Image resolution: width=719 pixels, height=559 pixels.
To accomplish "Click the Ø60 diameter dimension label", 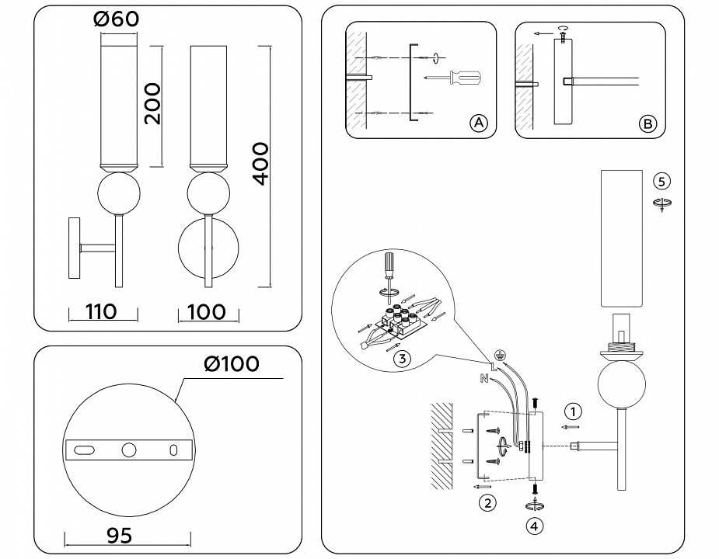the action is [116, 19].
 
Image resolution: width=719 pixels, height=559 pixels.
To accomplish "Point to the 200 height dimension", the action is [152, 104].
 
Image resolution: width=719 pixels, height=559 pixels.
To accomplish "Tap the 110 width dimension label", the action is [101, 311].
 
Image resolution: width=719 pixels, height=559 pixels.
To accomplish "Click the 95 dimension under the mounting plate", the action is [119, 536].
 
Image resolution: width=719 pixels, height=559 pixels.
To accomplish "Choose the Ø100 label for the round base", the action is [232, 364].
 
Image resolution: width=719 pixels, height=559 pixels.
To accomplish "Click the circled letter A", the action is [478, 123].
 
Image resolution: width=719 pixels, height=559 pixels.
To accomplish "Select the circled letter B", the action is [647, 123].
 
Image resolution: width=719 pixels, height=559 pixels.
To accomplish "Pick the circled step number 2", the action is [487, 503].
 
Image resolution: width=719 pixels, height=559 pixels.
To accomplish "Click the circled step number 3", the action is [402, 359].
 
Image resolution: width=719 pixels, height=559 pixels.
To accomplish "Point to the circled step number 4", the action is [534, 527].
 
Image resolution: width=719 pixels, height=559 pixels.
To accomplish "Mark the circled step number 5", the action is [661, 182].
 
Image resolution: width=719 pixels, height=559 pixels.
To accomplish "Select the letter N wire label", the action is [483, 378].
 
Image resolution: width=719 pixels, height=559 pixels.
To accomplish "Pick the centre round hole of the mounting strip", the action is [129, 450].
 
